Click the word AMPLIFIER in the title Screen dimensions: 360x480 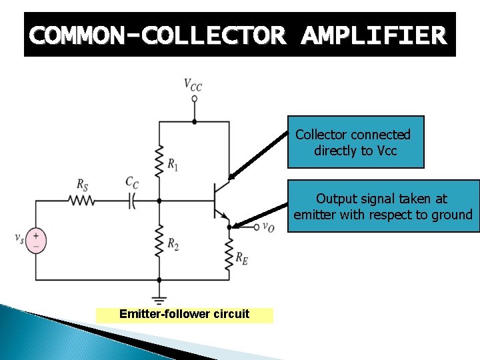[x=373, y=35]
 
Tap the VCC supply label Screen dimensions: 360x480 [x=193, y=85]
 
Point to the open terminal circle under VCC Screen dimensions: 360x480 [x=194, y=99]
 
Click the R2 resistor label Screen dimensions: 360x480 [x=173, y=245]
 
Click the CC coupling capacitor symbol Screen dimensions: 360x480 [x=132, y=199]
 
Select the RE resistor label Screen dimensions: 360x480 [x=242, y=258]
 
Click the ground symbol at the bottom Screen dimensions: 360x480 [x=159, y=296]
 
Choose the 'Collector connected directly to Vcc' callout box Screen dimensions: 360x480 [x=355, y=142]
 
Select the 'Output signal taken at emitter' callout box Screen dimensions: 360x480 [x=383, y=206]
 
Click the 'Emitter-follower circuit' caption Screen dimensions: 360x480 [x=184, y=314]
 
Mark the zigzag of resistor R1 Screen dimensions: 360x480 [x=159, y=160]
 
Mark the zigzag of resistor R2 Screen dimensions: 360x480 [x=159, y=240]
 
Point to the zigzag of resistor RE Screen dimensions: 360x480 [x=229, y=253]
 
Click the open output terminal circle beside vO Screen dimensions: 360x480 [x=257, y=227]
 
